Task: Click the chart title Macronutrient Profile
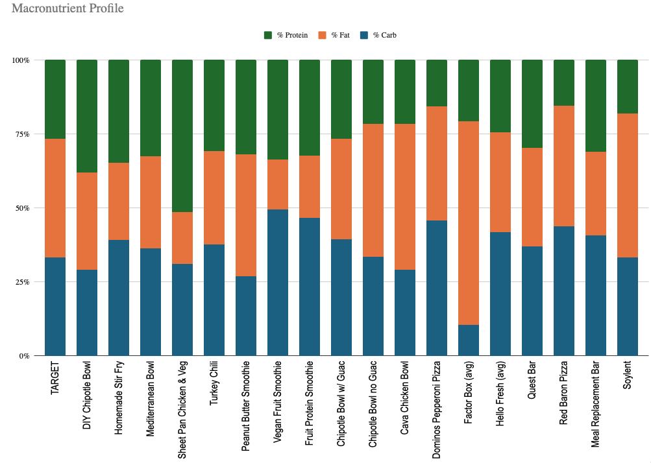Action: (68, 9)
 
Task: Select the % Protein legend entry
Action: (286, 35)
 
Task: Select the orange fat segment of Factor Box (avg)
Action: (468, 223)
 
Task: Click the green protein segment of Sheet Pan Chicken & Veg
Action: (182, 136)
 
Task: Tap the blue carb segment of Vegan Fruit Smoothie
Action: (277, 283)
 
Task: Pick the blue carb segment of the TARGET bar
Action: (55, 307)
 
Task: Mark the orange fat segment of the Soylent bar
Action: (627, 185)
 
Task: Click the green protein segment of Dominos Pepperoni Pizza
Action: (436, 83)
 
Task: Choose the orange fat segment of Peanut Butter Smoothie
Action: (245, 215)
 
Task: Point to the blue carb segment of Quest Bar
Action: (532, 301)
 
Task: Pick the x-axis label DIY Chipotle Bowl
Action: (87, 401)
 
